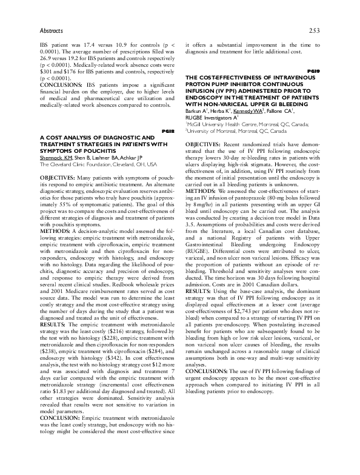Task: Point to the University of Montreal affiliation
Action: tap(236, 131)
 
